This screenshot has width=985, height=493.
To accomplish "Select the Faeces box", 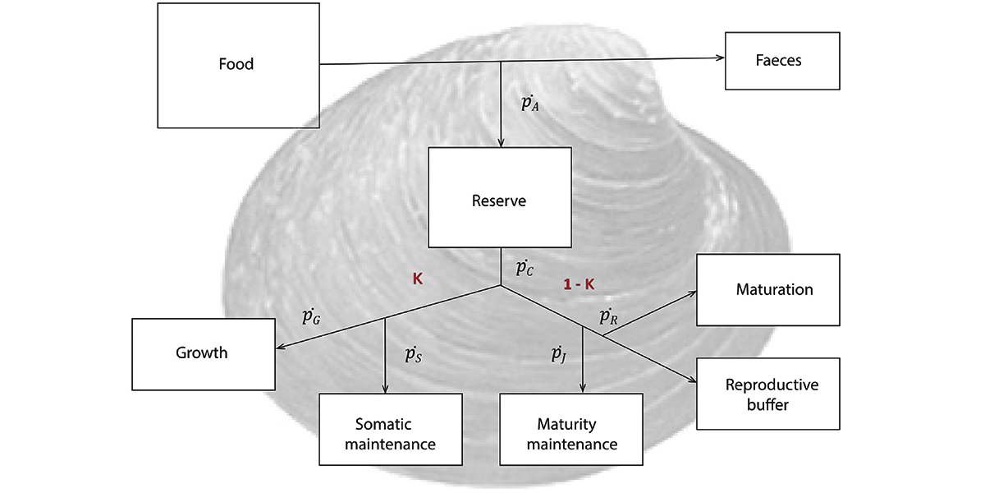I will pos(782,61).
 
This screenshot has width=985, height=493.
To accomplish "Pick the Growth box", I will pos(204,353).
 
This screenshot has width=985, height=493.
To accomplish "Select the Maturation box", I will pos(768,289).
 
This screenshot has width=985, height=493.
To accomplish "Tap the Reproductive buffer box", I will pos(768,393).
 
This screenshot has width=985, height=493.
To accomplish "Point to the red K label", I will pos(417,279).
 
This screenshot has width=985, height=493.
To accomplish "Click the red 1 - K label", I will pos(579,284).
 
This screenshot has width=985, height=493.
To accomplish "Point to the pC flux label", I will pos(524,267).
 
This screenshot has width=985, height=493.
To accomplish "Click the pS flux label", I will pos(413,354).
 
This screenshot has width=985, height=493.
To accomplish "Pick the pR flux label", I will pos(608,316).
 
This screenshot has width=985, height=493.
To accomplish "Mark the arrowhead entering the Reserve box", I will pos(501,143).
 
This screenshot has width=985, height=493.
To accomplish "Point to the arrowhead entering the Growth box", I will pos(280,348).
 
